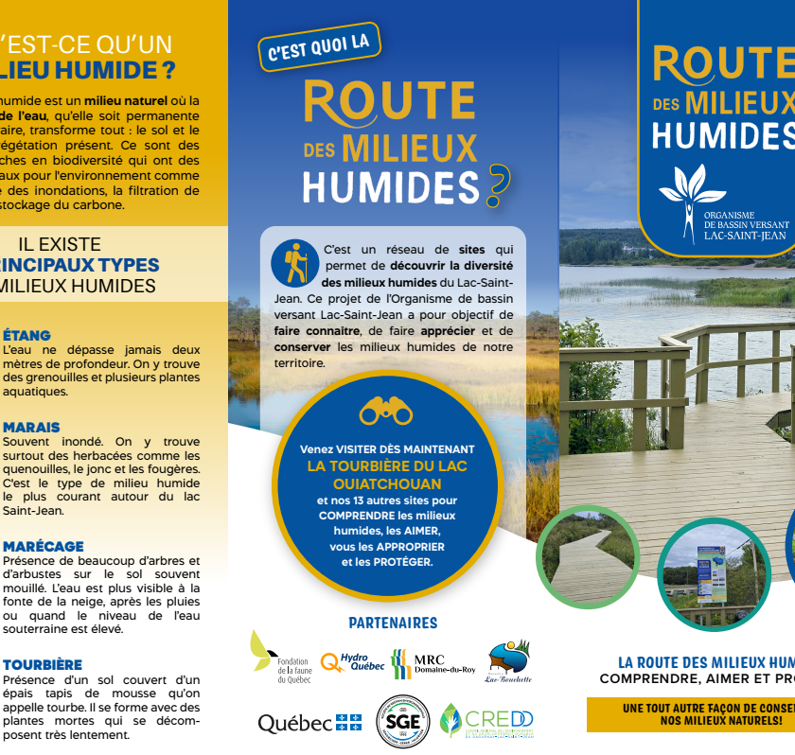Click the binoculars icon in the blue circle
coord(386,411)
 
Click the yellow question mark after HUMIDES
coord(497,185)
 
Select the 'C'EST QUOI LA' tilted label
coord(319,47)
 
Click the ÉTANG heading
coord(26,335)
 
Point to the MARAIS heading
coord(31,428)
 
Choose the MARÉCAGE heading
coord(43,546)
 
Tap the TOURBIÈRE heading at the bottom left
coord(43,664)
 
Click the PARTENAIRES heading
coord(393,623)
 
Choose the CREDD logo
coord(486,722)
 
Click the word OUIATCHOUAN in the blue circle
coord(386,483)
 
